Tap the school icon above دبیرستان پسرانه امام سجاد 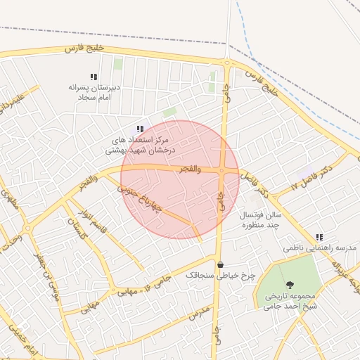click(93, 76)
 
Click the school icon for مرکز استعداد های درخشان click(141, 129)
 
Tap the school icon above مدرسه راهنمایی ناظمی click(320, 237)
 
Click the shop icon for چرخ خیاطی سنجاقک click(221, 265)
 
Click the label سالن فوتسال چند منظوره click(261, 220)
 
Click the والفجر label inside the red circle click(190, 169)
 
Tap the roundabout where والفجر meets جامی click(221, 170)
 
